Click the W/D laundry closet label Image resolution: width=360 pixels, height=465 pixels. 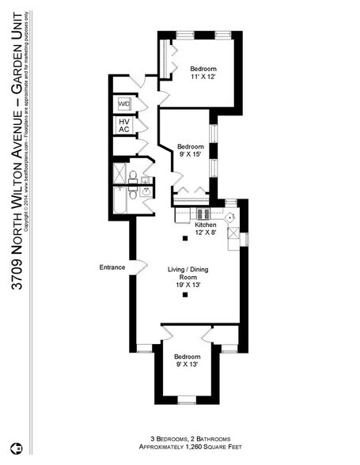tap(124, 104)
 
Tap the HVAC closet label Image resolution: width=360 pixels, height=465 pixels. tap(124, 125)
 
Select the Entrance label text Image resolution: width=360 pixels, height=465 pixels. tap(112, 267)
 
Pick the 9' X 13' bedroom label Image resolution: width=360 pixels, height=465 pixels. tap(187, 360)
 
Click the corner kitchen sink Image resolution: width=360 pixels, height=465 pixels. tap(230, 216)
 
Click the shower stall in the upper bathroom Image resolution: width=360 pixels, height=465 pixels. tap(119, 173)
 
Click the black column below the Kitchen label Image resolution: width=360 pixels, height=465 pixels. tap(185, 238)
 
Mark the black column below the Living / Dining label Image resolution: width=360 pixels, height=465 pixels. tap(185, 295)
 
